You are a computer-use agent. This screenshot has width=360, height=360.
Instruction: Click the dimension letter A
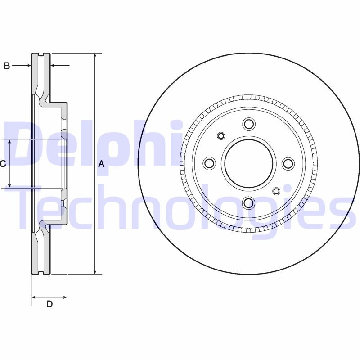coord(101,164)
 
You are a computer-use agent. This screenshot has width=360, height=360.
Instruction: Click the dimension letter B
coord(7,66)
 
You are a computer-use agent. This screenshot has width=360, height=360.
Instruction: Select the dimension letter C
coord(3,164)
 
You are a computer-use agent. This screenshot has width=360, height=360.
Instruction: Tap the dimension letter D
coord(49,304)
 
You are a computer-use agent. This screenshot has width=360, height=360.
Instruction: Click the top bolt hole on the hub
coord(248,124)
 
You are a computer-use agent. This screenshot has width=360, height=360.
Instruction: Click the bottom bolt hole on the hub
coord(248,203)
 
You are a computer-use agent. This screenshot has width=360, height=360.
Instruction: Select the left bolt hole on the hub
coord(209,163)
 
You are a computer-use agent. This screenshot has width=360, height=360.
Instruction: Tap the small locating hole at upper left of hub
coord(221,136)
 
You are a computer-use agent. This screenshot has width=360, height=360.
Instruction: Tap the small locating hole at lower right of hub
coord(276,191)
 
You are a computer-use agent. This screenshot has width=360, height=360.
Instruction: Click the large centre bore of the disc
coord(248,163)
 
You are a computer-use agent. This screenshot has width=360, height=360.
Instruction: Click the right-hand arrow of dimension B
coord(53,66)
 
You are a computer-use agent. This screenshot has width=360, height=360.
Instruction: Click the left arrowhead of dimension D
coord(34,297)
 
